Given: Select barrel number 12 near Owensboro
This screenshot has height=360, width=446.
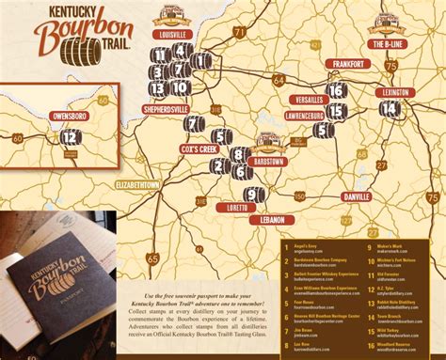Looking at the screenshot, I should coord(69,136).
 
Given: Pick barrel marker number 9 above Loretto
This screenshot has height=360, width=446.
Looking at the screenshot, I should coord(250,194).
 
